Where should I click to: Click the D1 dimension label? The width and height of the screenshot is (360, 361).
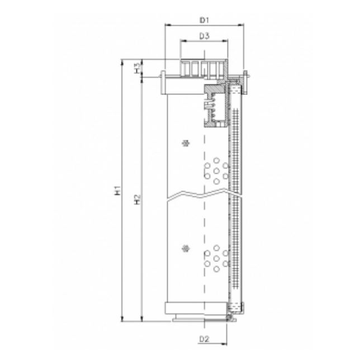pos(204,20)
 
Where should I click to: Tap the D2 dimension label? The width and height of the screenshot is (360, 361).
pos(204,339)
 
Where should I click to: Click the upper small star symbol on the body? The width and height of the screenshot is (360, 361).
pos(186,144)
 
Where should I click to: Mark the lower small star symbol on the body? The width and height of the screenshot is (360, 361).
pos(186,248)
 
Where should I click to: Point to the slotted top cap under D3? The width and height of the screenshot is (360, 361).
pos(203,67)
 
